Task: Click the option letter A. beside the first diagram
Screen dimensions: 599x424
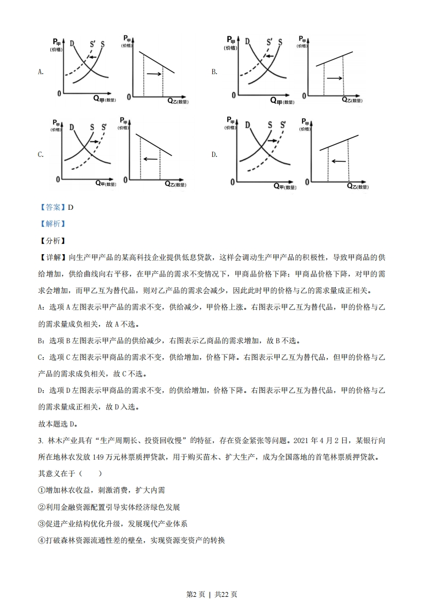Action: click(41, 72)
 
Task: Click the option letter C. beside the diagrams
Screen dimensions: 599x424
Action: click(41, 155)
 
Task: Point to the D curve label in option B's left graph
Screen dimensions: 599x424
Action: click(247, 41)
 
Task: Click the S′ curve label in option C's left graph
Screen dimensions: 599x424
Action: click(103, 127)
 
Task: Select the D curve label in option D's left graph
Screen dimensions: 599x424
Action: click(247, 124)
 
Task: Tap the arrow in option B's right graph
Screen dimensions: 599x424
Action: click(334, 78)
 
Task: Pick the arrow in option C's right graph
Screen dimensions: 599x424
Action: click(150, 159)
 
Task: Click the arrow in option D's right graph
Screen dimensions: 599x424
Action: click(338, 160)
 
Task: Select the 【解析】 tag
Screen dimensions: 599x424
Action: click(52, 224)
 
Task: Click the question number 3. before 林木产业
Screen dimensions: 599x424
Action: click(41, 440)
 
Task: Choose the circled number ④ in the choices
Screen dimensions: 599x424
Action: click(42, 540)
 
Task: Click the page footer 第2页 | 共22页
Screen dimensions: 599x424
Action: click(212, 579)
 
